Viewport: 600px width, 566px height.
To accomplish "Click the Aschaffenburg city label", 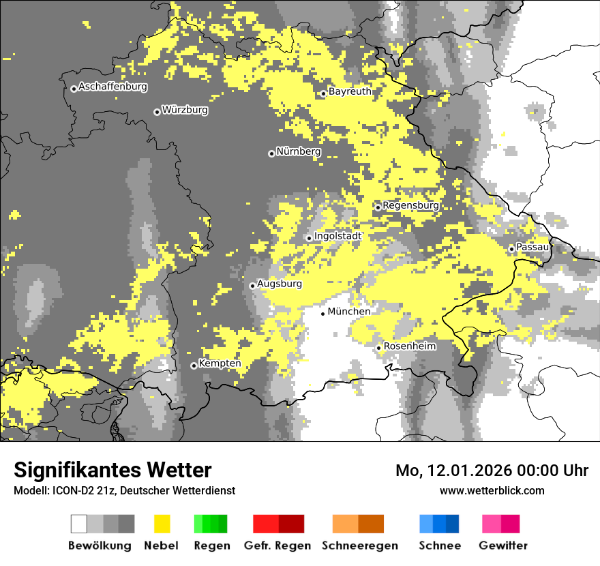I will pyautogui.click(x=112, y=87).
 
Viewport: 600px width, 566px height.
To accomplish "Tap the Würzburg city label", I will pyautogui.click(x=185, y=110).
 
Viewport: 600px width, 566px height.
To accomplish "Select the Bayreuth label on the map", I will pyautogui.click(x=350, y=91).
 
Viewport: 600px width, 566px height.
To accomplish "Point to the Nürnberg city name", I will pyautogui.click(x=299, y=152).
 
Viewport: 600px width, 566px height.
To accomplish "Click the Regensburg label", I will pyautogui.click(x=410, y=205).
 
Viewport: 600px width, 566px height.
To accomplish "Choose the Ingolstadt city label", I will pyautogui.click(x=338, y=236).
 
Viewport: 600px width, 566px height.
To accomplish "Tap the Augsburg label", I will pyautogui.click(x=280, y=284).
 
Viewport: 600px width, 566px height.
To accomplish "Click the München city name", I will pyautogui.click(x=349, y=312).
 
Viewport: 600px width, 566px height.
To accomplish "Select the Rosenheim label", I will pyautogui.click(x=410, y=346).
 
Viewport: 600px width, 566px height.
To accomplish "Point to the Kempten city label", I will pyautogui.click(x=220, y=363).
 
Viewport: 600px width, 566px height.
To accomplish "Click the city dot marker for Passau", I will pyautogui.click(x=511, y=249).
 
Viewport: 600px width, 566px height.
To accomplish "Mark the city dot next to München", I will pyautogui.click(x=323, y=314).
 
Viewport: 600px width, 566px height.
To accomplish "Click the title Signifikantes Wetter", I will pyautogui.click(x=112, y=471).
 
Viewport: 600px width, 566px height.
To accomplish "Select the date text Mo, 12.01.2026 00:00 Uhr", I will pyautogui.click(x=492, y=471).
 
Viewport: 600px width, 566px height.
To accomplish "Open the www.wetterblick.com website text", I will pyautogui.click(x=492, y=490).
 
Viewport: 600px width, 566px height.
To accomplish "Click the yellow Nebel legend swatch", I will pyautogui.click(x=162, y=524).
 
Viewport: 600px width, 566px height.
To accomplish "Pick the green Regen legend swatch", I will pyautogui.click(x=211, y=524).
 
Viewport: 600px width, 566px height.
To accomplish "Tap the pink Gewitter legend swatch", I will pyautogui.click(x=500, y=524).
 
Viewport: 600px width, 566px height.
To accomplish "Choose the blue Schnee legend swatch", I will pyautogui.click(x=439, y=524).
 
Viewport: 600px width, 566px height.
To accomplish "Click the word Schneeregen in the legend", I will pyautogui.click(x=359, y=546).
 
